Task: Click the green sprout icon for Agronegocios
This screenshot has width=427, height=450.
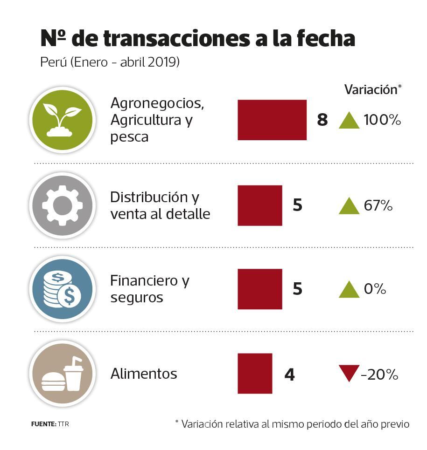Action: pos(62,120)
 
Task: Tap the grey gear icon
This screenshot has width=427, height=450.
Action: pos(62,205)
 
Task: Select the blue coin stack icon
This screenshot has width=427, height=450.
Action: pos(62,289)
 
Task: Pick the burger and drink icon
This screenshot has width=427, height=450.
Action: pos(62,374)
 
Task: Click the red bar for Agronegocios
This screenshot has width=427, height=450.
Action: pos(272,120)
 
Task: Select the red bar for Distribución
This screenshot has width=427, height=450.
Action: pos(259,205)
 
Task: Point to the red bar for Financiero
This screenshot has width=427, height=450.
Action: pos(259,289)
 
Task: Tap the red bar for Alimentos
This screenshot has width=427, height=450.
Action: pos(255,373)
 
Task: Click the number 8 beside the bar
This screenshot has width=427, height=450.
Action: pos(322,120)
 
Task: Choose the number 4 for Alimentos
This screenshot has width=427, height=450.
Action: pos(289,374)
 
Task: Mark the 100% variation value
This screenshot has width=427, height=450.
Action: pos(382,120)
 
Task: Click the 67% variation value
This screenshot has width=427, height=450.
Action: pos(378,205)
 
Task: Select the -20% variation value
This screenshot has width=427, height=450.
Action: pos(379,374)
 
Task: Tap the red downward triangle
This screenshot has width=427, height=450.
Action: pos(349,373)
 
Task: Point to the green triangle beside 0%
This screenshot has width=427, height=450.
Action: pos(349,290)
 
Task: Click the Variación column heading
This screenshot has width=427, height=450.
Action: pos(371,89)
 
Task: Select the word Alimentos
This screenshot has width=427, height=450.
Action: pos(144,374)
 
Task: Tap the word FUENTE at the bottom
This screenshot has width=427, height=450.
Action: pos(43,424)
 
